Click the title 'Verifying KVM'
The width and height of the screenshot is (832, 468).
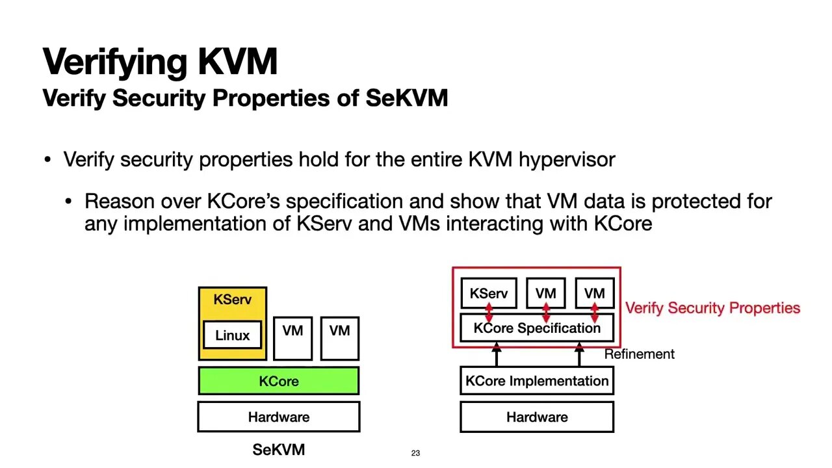[x=160, y=62]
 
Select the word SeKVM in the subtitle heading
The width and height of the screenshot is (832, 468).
[x=406, y=98]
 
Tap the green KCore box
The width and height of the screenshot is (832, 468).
[x=278, y=381]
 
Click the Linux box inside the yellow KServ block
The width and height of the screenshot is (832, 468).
[x=232, y=335]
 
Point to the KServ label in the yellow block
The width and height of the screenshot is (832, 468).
[x=232, y=300]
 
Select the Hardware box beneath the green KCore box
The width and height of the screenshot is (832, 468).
[x=278, y=417]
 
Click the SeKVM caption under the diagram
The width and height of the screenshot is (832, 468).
[x=278, y=450]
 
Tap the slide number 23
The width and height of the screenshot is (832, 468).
[x=415, y=453]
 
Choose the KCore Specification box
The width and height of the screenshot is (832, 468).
[x=536, y=328]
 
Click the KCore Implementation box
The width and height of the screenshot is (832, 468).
[x=536, y=381]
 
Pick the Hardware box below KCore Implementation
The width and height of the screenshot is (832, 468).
[x=536, y=417]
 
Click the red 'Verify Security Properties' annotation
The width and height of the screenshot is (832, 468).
[x=712, y=308]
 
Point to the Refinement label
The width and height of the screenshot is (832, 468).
[x=639, y=354]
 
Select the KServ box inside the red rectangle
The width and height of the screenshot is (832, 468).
[x=488, y=293]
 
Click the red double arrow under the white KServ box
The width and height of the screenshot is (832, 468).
[x=489, y=311]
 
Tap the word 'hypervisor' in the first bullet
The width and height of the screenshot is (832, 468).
[x=566, y=159]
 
